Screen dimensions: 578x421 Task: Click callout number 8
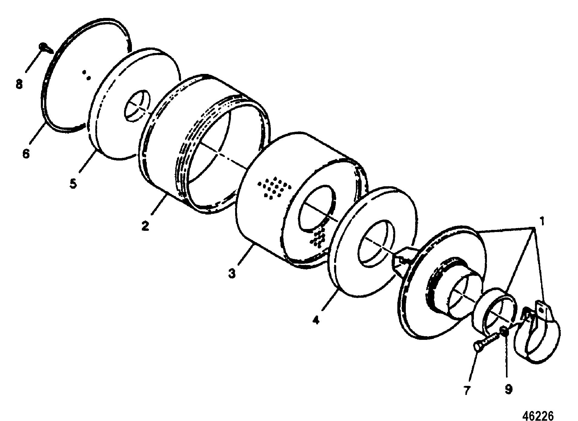coord(19,85)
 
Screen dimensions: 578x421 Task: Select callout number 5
coord(73,183)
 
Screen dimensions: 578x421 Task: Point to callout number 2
coord(145,226)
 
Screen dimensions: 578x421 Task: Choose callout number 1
coord(542,222)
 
